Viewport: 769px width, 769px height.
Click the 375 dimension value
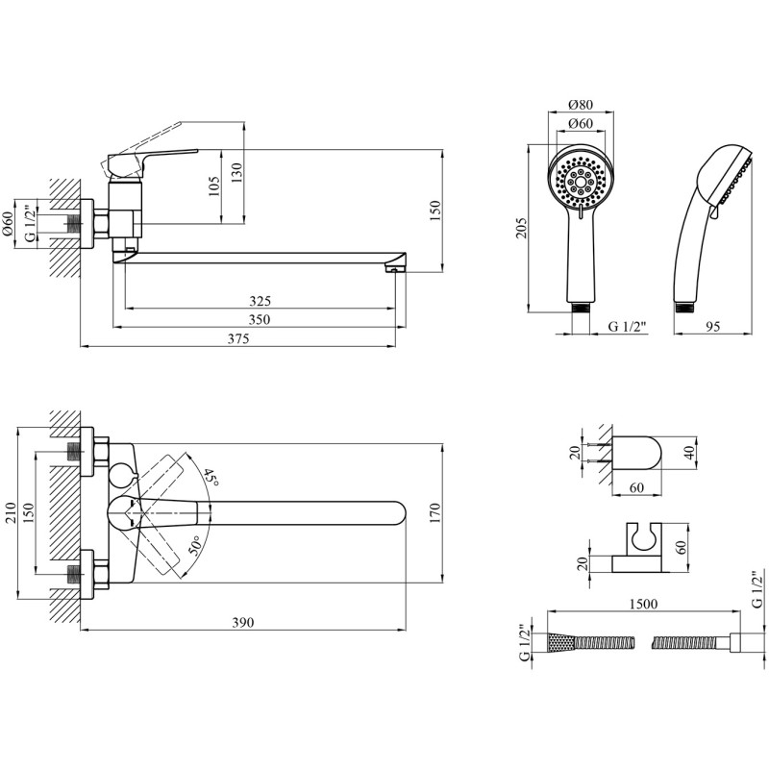pos(237,339)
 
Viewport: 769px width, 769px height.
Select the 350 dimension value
pos(260,320)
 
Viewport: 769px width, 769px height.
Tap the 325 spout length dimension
pos(260,301)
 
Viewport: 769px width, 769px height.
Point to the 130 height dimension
pos(236,173)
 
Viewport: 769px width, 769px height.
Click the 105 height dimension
pos(213,186)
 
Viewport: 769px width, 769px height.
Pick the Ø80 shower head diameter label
pos(581,105)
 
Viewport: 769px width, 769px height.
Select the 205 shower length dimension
pos(521,228)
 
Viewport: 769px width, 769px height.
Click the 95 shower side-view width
pos(712,326)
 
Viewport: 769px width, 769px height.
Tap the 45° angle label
pos(211,477)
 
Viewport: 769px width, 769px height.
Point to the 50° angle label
pos(195,545)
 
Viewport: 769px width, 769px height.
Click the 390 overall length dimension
pos(243,622)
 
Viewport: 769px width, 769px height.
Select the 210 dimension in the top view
pos(11,513)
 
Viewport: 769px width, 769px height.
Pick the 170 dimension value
pos(435,513)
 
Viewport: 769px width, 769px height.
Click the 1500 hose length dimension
pos(643,604)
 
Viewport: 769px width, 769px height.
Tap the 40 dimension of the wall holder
pos(690,453)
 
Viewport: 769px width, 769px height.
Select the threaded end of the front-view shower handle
pos(582,308)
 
